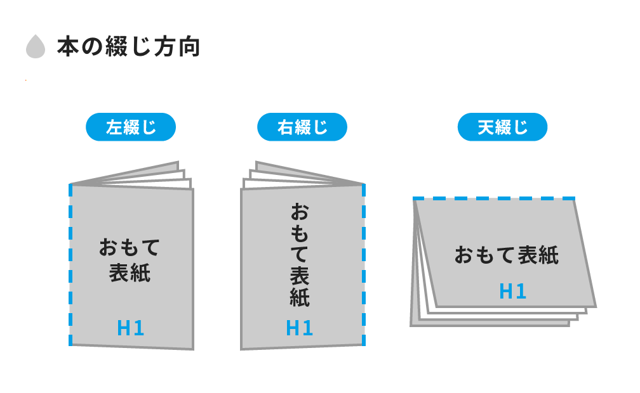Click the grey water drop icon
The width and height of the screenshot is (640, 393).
(x=36, y=48)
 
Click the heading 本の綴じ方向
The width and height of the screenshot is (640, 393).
(x=128, y=48)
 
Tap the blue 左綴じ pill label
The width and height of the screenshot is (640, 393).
(x=131, y=127)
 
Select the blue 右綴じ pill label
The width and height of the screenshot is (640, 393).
(x=302, y=127)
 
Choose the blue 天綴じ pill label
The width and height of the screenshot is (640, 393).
(x=502, y=127)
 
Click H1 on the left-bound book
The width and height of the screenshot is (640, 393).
(x=131, y=328)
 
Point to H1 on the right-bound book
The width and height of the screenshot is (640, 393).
(x=300, y=328)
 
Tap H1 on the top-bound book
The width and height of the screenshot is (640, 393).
(x=513, y=291)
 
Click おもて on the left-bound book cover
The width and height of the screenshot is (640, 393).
(x=130, y=247)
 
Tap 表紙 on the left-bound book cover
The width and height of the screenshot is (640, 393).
(x=130, y=273)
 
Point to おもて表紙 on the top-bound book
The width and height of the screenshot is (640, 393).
(x=506, y=255)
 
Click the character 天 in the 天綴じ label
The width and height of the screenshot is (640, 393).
(x=486, y=127)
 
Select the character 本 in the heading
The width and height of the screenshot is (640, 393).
(x=67, y=48)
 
